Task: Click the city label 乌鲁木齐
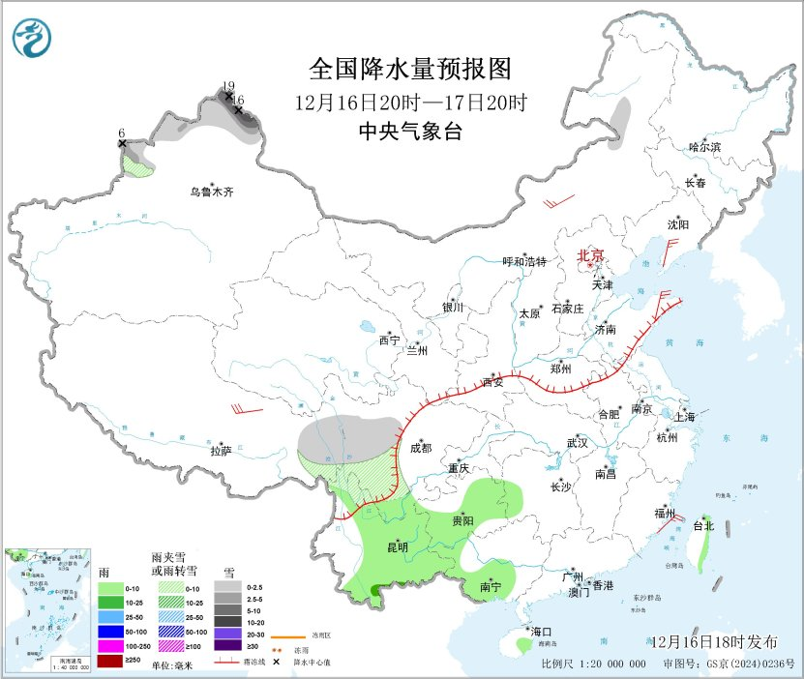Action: click(212, 192)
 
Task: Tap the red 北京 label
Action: click(590, 255)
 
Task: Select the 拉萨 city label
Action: click(221, 451)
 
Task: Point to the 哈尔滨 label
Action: click(705, 147)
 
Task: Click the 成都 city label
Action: click(421, 448)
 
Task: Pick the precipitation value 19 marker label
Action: click(228, 86)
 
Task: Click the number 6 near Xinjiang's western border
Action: click(122, 133)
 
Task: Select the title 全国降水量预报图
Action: click(409, 69)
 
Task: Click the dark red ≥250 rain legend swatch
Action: click(110, 660)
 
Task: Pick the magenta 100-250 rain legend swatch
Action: click(110, 645)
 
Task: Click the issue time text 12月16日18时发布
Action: click(713, 642)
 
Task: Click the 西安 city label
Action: click(493, 383)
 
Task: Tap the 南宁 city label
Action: click(491, 587)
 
